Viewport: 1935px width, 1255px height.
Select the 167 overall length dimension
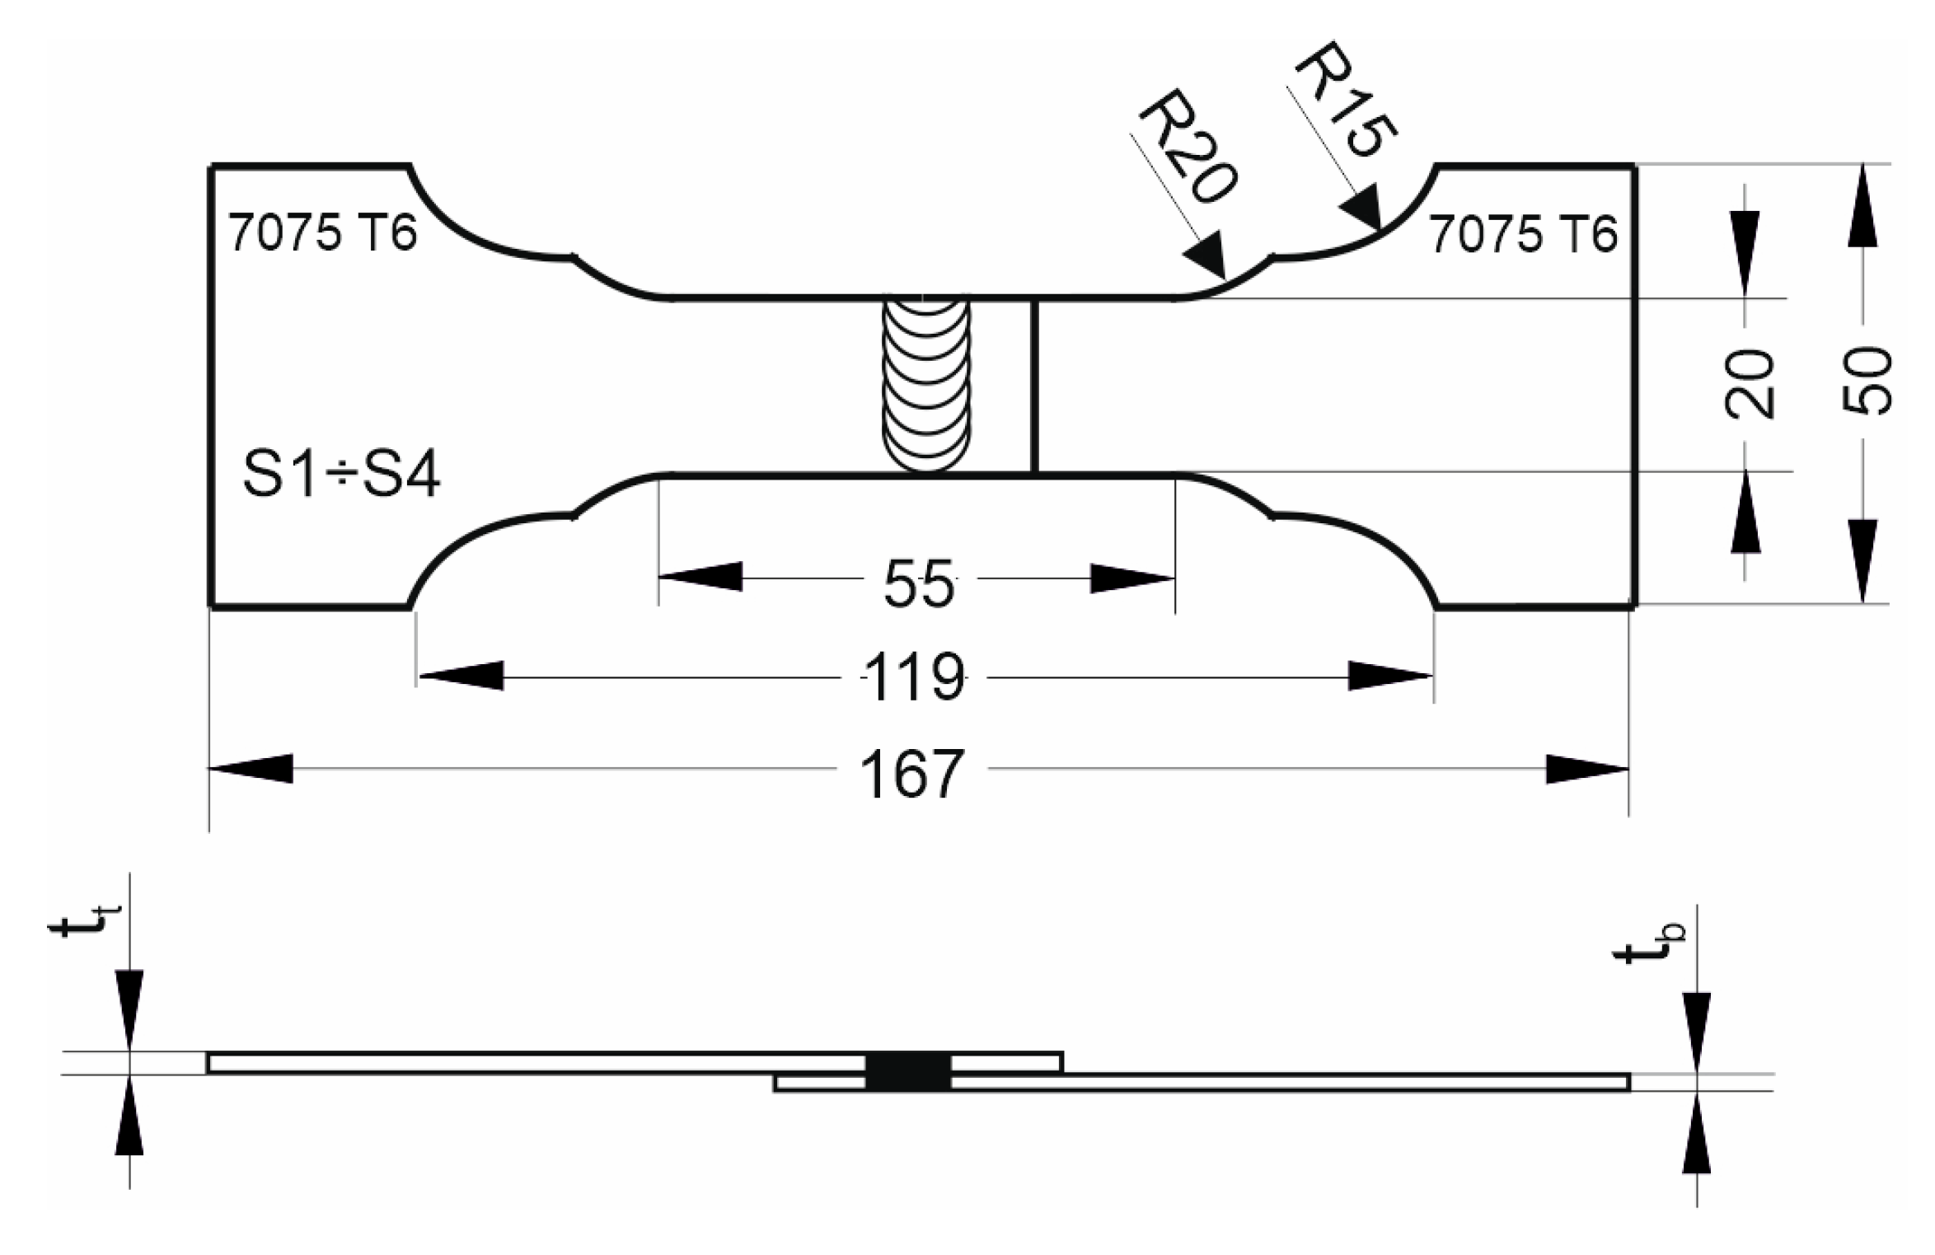911,774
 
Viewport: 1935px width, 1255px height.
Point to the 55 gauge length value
919,583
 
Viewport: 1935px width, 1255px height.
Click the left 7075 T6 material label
323,232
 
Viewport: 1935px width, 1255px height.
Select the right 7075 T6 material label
1523,234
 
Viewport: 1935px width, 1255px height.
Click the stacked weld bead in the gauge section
925,384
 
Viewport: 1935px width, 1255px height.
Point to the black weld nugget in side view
908,1072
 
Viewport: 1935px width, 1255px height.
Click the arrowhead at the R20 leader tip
1207,258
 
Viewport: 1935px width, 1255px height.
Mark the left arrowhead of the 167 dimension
251,769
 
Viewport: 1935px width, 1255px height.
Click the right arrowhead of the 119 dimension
1390,677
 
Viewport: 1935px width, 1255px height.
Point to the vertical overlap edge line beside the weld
1034,386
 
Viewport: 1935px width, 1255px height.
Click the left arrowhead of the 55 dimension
700,577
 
